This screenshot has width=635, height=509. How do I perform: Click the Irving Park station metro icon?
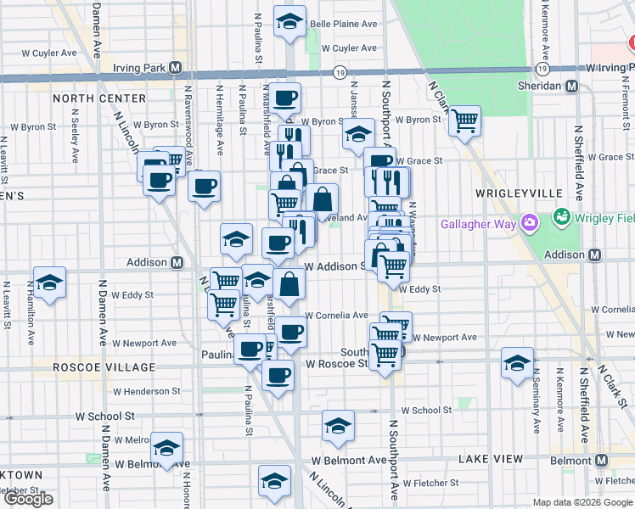pyautogui.click(x=176, y=67)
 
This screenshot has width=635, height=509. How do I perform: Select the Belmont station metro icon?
pyautogui.click(x=604, y=460)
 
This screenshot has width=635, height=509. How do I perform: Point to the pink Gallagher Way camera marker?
pyautogui.click(x=531, y=224)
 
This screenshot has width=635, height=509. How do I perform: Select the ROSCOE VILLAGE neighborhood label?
pyautogui.click(x=104, y=367)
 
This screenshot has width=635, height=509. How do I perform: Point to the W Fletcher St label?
pyautogui.click(x=431, y=483)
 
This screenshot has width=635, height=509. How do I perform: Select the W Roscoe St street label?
pyautogui.click(x=337, y=363)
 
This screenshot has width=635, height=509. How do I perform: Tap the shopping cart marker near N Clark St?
pyautogui.click(x=464, y=121)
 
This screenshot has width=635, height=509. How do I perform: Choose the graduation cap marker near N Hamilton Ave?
pyautogui.click(x=49, y=283)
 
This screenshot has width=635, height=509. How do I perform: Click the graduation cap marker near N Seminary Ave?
pyautogui.click(x=516, y=363)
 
